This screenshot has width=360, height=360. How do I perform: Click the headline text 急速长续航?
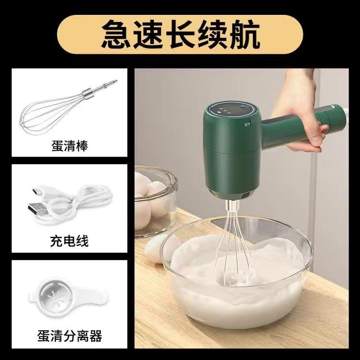(x=180, y=35)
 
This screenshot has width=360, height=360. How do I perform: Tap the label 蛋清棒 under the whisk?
(x=70, y=144)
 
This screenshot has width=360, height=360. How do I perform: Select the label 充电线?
(x=70, y=240)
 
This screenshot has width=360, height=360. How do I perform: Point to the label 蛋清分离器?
(x=70, y=335)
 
